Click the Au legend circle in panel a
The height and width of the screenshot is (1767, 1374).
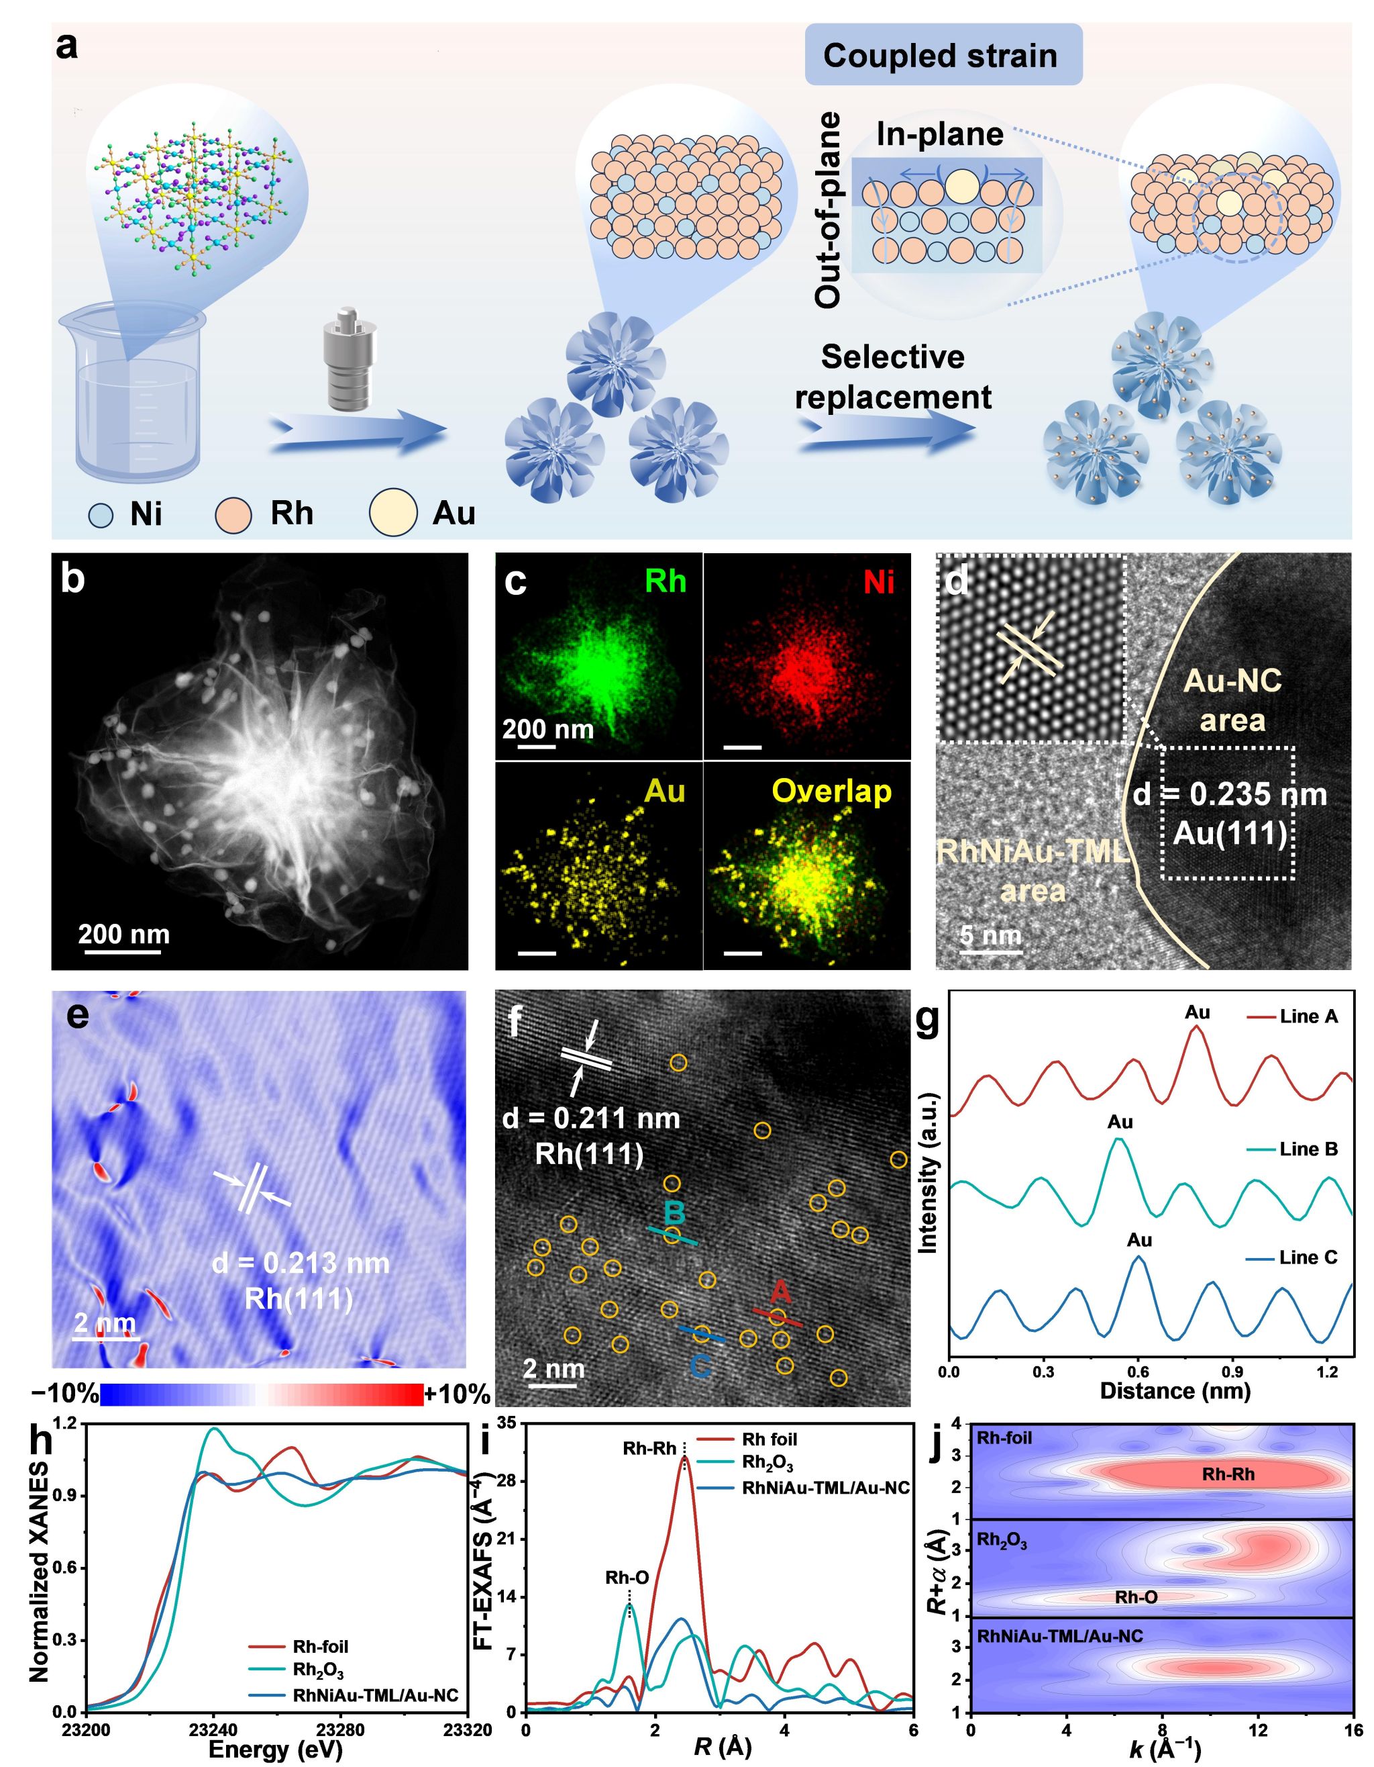point(393,513)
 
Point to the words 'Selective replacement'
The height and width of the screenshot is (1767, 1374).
point(893,377)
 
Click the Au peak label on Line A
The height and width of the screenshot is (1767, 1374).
point(1197,1012)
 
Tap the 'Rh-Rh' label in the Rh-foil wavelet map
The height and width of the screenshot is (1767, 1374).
point(1228,1474)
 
